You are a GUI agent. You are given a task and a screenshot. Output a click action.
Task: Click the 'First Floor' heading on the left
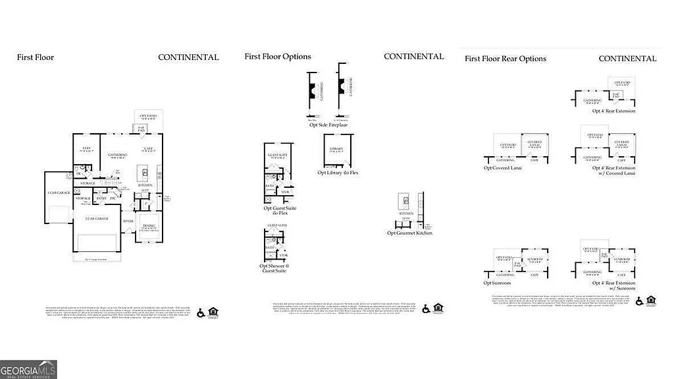(36, 57)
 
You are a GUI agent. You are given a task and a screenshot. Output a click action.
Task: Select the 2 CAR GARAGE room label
(97, 218)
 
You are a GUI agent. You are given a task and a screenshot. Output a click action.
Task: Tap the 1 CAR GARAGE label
(59, 192)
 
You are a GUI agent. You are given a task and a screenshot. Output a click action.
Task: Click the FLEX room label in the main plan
(86, 148)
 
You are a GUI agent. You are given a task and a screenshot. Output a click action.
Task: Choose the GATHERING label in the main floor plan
(117, 155)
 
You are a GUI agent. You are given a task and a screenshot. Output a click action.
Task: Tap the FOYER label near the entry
(128, 221)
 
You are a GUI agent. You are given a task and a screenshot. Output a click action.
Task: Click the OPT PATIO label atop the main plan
(145, 117)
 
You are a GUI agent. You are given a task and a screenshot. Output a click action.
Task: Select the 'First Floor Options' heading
(278, 57)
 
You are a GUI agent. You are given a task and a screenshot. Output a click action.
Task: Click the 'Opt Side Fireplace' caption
(328, 125)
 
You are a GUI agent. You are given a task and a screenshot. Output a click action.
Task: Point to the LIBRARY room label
(336, 149)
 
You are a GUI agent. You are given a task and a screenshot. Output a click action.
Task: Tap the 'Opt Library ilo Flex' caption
(338, 173)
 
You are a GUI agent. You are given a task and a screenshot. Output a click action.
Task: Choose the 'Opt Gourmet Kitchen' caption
(409, 233)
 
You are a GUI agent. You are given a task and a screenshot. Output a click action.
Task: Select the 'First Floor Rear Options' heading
(505, 59)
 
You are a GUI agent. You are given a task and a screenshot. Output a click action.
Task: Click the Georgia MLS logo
(28, 369)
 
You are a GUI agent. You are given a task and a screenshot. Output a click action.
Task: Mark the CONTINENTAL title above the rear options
(627, 59)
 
